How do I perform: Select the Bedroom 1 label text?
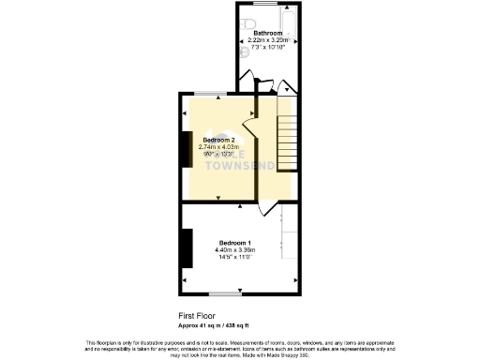234,242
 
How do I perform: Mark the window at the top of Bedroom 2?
208,94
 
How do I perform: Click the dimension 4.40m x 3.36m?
235,250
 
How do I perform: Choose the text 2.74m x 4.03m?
218,147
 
